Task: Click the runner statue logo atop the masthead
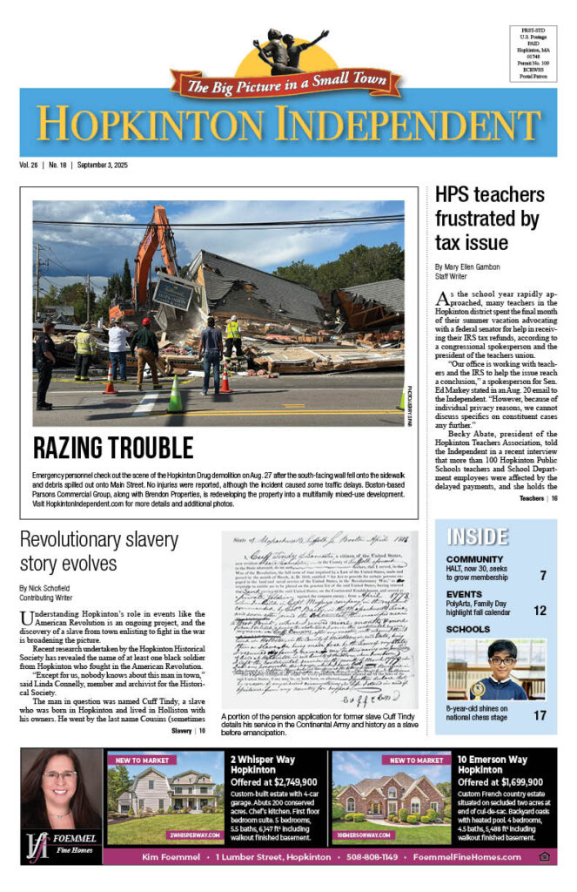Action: [x=290, y=52]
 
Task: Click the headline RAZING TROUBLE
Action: [x=113, y=448]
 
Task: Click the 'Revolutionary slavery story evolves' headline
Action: [x=106, y=551]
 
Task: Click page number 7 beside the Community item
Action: [x=543, y=575]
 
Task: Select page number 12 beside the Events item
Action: [x=541, y=611]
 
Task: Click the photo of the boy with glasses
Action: [x=495, y=670]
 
